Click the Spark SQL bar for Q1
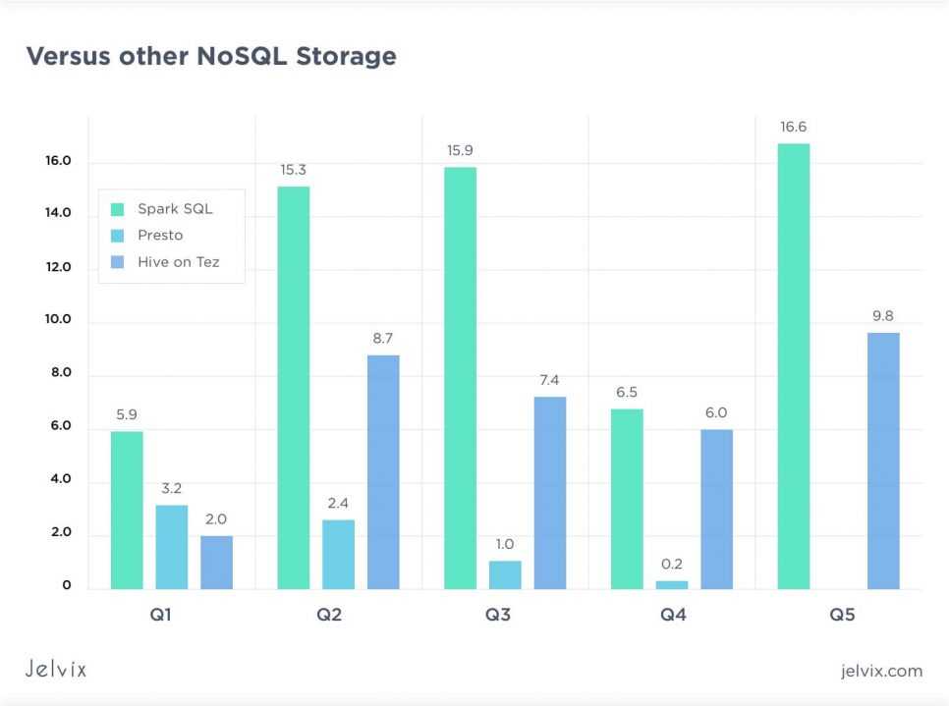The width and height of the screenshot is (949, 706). click(127, 510)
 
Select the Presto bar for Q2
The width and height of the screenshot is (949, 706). click(339, 554)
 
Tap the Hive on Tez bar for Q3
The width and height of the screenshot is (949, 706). click(550, 492)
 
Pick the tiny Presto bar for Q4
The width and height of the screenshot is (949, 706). click(672, 584)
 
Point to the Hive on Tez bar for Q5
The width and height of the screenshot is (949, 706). click(883, 461)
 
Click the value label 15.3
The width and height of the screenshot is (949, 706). click(293, 170)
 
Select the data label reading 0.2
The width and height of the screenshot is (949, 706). click(672, 565)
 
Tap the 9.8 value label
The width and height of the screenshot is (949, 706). click(882, 316)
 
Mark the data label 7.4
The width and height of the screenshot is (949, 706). click(550, 380)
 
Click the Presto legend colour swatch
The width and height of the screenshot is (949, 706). click(118, 236)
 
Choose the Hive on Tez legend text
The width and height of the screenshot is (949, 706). click(178, 262)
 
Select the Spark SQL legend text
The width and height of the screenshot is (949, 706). click(175, 209)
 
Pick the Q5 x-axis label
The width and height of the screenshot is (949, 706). click(841, 616)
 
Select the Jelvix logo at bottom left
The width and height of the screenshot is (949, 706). click(56, 669)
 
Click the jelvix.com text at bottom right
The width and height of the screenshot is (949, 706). click(881, 671)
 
